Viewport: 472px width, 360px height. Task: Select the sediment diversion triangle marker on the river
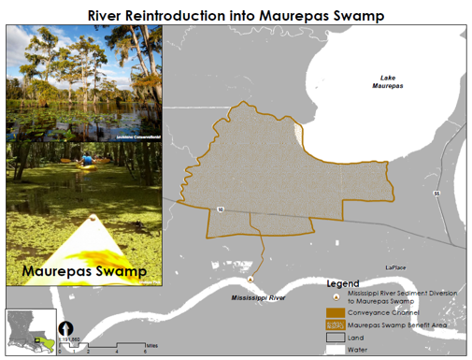point(250,279)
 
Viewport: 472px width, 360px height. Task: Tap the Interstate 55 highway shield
point(437,193)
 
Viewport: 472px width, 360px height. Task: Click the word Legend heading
point(342,282)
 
